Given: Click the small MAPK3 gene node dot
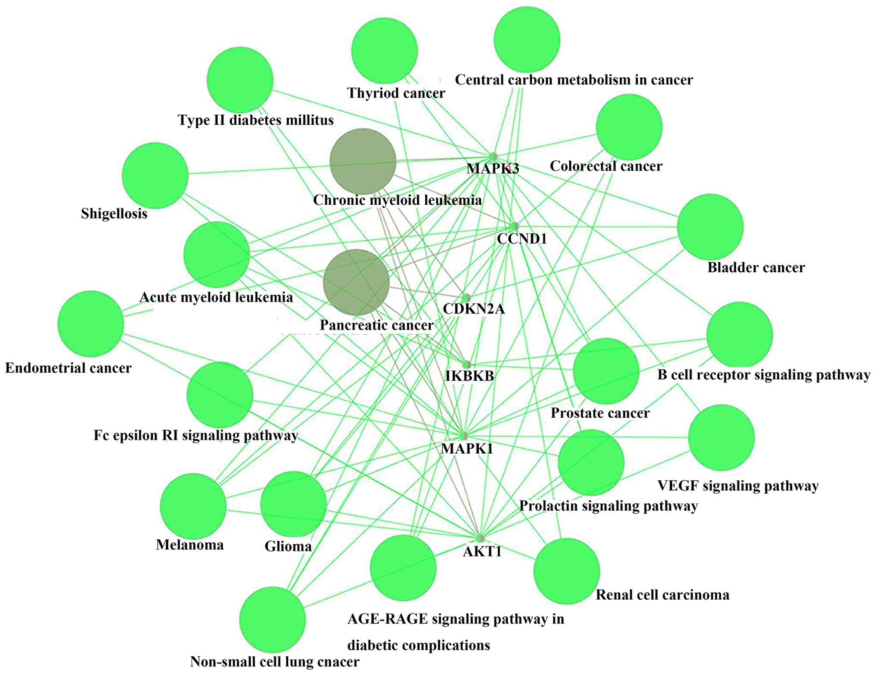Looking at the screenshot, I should [x=493, y=157].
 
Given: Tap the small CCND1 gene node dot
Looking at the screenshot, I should [x=514, y=226].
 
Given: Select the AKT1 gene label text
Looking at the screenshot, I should [x=482, y=552].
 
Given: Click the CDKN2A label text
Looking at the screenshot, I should [x=474, y=309].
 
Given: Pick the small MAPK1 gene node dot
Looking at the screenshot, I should [x=464, y=435].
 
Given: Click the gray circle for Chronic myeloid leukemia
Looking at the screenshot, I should [x=363, y=161].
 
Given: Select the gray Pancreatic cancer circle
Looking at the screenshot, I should [x=356, y=283].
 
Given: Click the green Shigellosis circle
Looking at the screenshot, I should [x=155, y=176].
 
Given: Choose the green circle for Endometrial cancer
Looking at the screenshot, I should [x=91, y=323].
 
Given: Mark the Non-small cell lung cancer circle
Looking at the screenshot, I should [x=273, y=619].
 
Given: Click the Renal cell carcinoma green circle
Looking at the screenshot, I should [x=567, y=571].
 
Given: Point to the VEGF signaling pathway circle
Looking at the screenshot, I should [x=722, y=437].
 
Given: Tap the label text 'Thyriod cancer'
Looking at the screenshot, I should [x=396, y=93].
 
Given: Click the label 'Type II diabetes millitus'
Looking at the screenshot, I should [x=256, y=120].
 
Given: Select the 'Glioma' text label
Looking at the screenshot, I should [x=288, y=546].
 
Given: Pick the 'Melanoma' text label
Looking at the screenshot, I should [x=190, y=545].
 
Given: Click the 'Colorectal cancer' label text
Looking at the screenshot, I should [x=606, y=166].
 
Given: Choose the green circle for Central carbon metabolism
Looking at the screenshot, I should [x=527, y=39].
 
